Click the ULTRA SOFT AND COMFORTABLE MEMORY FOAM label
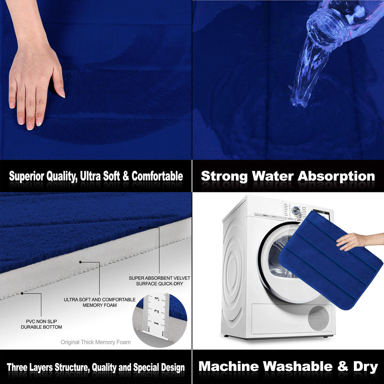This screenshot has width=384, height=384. click(100, 302)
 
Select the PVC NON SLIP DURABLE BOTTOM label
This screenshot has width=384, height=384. click(41, 324)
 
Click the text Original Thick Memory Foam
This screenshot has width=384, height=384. click(96, 342)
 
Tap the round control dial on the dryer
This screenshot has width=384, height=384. click(296, 210)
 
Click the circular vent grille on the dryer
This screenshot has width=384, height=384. click(318, 318)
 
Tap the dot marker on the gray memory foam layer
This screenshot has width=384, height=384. click(81, 262)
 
